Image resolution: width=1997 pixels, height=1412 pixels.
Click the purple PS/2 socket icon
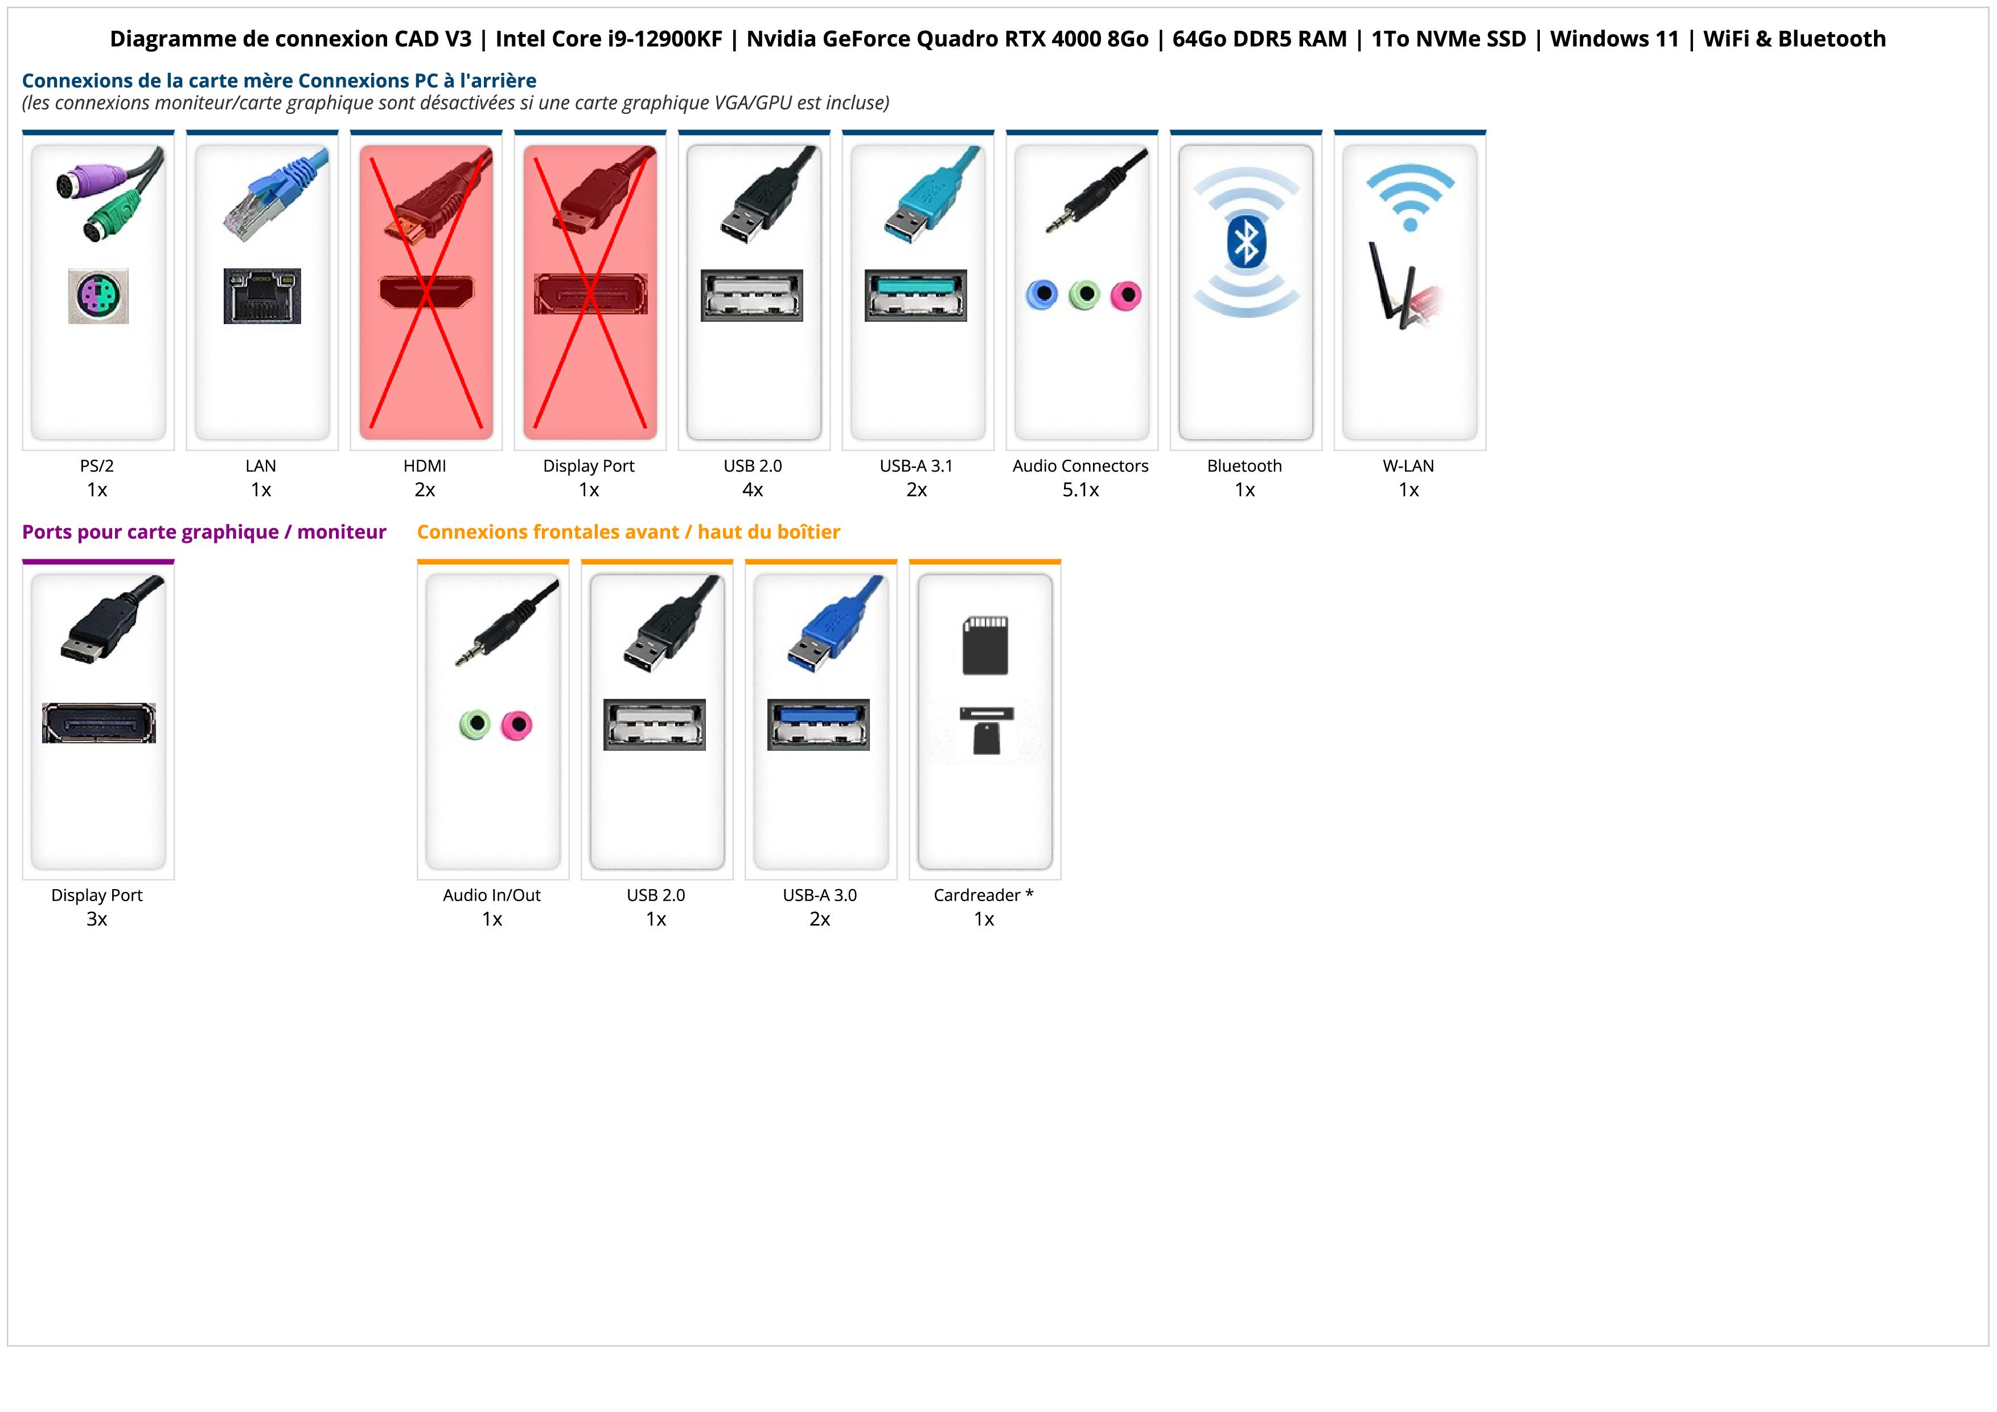(98, 296)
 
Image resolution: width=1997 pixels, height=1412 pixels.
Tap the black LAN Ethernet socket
(262, 296)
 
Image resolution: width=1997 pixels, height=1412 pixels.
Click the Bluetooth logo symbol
(1246, 243)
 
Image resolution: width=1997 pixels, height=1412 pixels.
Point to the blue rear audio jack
(1042, 295)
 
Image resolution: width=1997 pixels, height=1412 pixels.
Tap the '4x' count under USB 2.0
(753, 490)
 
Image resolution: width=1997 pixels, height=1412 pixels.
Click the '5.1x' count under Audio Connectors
(1080, 490)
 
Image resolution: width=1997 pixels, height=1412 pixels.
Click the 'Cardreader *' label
(983, 895)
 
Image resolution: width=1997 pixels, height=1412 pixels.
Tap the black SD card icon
(985, 645)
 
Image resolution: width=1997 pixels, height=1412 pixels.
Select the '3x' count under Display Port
(97, 919)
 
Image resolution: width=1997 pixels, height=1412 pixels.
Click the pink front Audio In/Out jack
(517, 725)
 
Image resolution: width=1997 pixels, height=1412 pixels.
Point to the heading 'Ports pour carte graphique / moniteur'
(204, 533)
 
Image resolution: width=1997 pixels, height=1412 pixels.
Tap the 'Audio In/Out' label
(491, 895)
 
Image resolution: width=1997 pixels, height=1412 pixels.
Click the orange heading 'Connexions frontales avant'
(547, 533)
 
